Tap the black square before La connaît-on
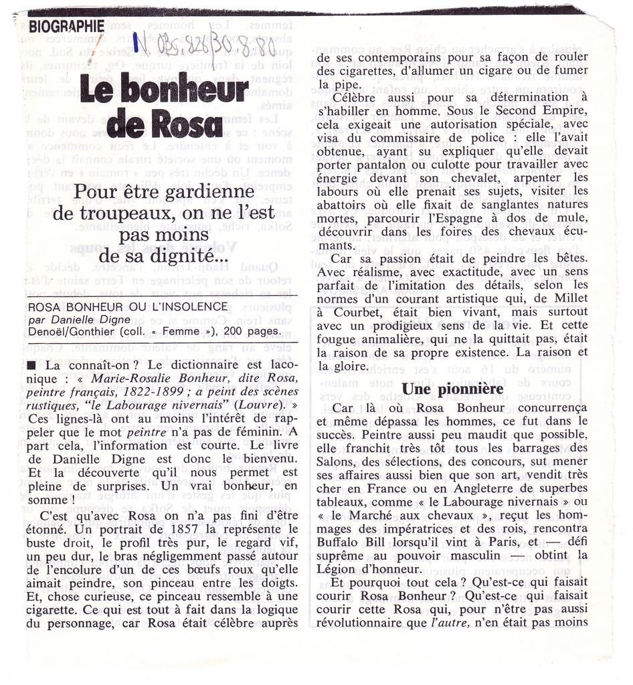(32, 367)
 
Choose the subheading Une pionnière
(452, 389)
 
